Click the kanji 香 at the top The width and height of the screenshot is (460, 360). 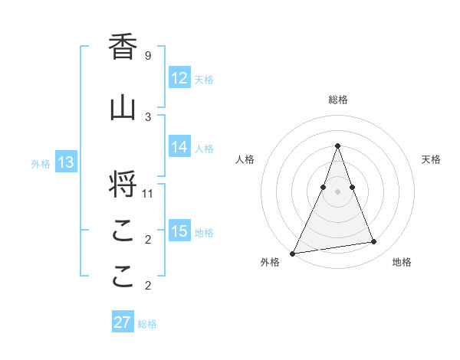click(123, 47)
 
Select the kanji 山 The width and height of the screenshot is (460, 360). click(123, 108)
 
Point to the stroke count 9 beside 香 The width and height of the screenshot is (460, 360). click(147, 55)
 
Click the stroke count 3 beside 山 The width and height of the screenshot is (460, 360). click(147, 116)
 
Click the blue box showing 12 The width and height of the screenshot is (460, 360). click(179, 78)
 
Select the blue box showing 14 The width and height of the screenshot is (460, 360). click(179, 147)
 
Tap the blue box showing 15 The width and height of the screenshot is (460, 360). click(179, 231)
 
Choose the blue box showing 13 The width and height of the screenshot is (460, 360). click(65, 162)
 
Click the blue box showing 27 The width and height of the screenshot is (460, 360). click(123, 322)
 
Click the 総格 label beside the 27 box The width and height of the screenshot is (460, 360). click(147, 324)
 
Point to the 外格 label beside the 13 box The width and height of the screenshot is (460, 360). click(41, 163)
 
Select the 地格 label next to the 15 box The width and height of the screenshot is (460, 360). click(204, 232)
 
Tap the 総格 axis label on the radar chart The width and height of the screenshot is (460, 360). click(338, 100)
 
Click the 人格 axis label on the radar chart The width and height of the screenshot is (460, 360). click(245, 159)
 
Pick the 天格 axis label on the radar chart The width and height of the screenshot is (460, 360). click(431, 159)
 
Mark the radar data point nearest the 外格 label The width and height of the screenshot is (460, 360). click(293, 253)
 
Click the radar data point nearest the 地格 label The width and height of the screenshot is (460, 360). click(374, 242)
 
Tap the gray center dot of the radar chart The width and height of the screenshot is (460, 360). click(337, 191)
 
